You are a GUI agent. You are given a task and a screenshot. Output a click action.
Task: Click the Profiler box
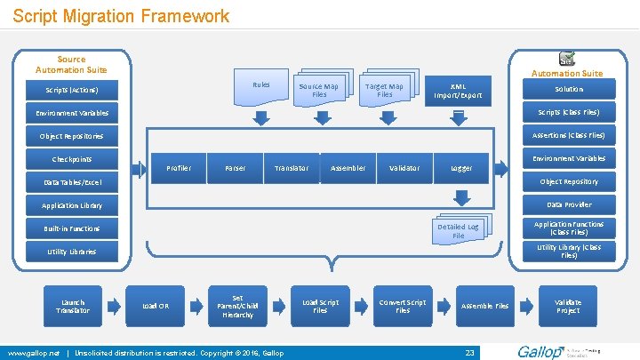pos(179,168)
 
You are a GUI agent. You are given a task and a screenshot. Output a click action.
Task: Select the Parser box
pos(235,168)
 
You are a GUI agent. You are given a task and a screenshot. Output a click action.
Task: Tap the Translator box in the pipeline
pos(292,168)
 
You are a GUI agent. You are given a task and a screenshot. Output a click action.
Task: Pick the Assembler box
pos(348,168)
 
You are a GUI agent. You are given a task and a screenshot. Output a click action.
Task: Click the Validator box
pos(404,168)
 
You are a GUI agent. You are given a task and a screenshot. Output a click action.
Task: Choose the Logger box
pos(461,168)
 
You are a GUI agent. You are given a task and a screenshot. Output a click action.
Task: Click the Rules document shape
pos(260,85)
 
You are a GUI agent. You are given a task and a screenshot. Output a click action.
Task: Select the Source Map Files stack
pos(319,90)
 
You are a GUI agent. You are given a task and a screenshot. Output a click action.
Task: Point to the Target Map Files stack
pos(384,90)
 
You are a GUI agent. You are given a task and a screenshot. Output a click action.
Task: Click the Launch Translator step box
pos(73,306)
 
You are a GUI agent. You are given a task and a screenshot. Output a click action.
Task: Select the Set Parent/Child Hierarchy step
pos(237,307)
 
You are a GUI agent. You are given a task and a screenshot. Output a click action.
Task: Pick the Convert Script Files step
pos(403,306)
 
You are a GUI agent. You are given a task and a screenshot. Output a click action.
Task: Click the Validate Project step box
pos(568,306)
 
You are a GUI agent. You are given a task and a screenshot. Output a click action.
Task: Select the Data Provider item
pos(569,204)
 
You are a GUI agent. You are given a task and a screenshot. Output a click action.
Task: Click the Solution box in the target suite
pos(569,89)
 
